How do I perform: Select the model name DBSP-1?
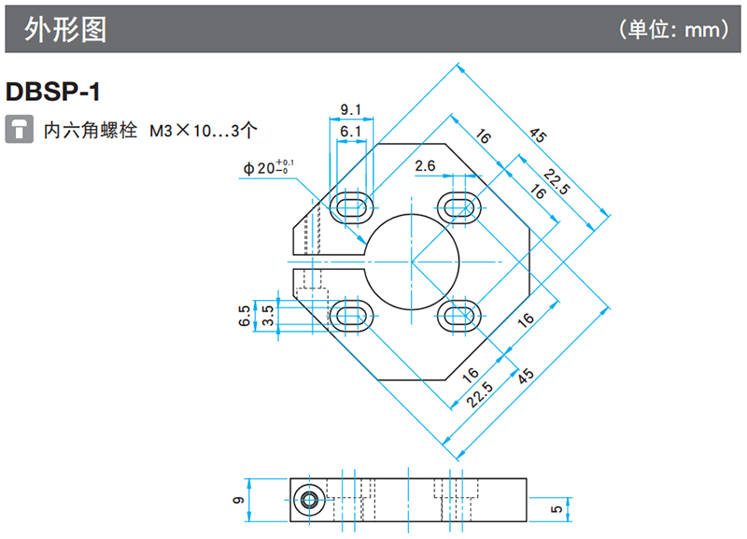point(52,92)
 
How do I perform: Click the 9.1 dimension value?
point(351,110)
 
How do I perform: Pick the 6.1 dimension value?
point(351,133)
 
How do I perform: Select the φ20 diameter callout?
point(268,168)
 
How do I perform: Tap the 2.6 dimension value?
point(426,166)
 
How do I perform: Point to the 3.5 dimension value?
point(268,315)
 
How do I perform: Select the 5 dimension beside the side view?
point(557,508)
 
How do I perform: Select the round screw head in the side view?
point(307,501)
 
